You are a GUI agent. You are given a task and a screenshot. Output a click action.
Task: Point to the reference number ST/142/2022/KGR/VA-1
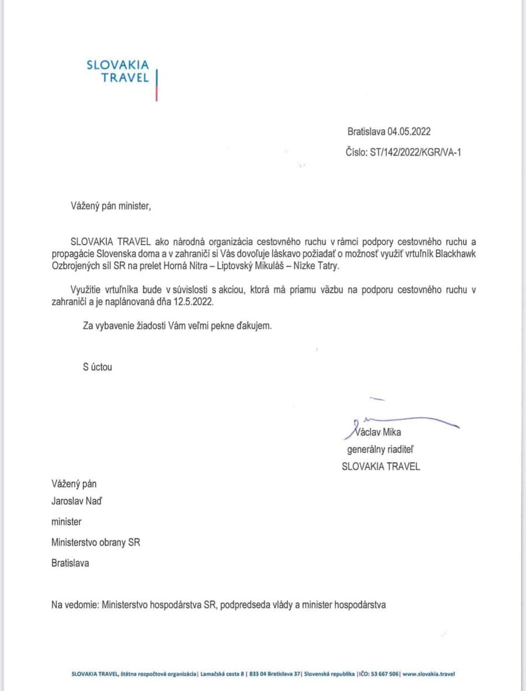pyautogui.click(x=412, y=153)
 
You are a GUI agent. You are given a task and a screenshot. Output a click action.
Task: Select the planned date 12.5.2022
pyautogui.click(x=193, y=303)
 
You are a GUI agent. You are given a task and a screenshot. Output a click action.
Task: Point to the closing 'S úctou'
pyautogui.click(x=97, y=367)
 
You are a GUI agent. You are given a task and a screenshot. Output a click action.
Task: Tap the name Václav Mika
pyautogui.click(x=378, y=432)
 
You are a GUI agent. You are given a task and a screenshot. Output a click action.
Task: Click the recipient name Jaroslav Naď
pyautogui.click(x=77, y=501)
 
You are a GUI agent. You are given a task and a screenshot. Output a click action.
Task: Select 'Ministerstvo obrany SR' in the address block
pyautogui.click(x=95, y=542)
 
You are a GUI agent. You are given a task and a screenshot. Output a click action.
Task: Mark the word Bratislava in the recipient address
pyautogui.click(x=70, y=564)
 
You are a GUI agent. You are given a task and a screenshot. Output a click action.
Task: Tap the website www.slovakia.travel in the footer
pyautogui.click(x=428, y=673)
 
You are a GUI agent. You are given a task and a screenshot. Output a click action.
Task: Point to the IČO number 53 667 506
pyautogui.click(x=383, y=673)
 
